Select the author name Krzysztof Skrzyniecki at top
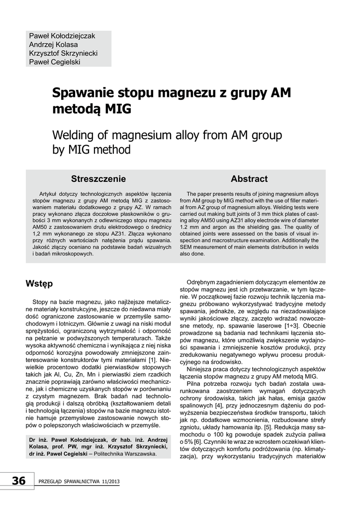[x=63, y=53]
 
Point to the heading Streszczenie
[x=98, y=179]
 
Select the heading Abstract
[x=249, y=179]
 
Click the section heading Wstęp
[x=39, y=284]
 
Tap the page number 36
[x=18, y=481]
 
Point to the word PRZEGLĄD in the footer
[x=50, y=482]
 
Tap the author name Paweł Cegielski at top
[x=55, y=62]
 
